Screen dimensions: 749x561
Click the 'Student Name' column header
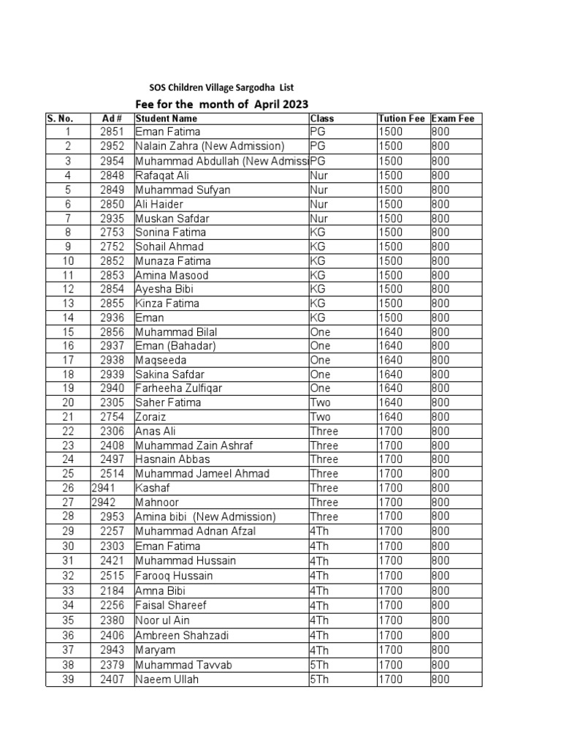[x=167, y=118]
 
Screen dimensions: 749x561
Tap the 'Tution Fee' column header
[x=402, y=118]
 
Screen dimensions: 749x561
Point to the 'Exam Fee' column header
[x=453, y=118]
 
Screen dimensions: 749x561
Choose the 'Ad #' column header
[x=112, y=118]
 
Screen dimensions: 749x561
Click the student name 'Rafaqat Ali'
[x=162, y=176]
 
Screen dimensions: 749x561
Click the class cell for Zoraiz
[x=321, y=417]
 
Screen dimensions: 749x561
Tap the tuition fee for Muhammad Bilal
[x=390, y=332]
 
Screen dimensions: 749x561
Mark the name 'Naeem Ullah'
[x=167, y=680]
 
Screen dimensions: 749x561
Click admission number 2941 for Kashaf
[x=104, y=488]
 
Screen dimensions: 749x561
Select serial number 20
[x=68, y=403]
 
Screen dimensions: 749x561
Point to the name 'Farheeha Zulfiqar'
[x=179, y=388]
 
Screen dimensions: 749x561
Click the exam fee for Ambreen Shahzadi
[x=440, y=636]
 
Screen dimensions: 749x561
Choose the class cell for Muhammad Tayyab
[x=321, y=665]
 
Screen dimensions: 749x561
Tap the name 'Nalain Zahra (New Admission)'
[x=210, y=146]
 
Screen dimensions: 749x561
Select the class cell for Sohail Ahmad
[x=318, y=246]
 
